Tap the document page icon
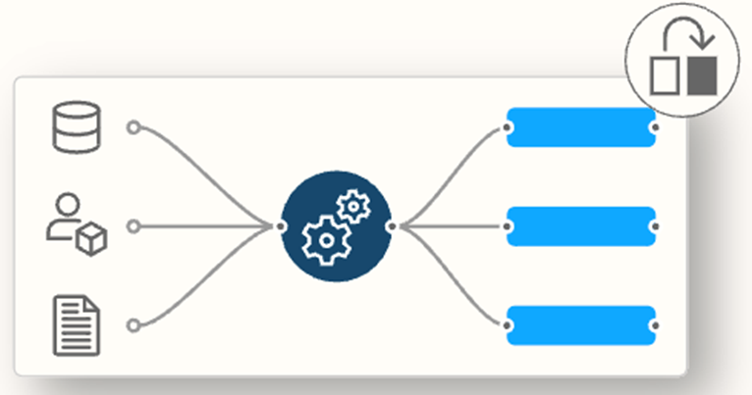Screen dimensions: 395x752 77,325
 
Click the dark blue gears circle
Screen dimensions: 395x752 336,226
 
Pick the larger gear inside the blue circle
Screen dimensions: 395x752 325,238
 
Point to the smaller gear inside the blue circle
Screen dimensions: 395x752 351,207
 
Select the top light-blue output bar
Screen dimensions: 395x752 580,127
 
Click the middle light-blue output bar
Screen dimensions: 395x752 580,226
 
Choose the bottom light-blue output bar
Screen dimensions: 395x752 580,325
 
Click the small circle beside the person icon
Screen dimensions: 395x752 133,226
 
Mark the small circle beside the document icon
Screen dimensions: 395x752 133,325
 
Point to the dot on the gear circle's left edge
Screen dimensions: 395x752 281,226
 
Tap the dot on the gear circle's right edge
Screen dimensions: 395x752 391,226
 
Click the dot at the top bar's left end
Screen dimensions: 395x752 508,127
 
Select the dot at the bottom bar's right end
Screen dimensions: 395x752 654,325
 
